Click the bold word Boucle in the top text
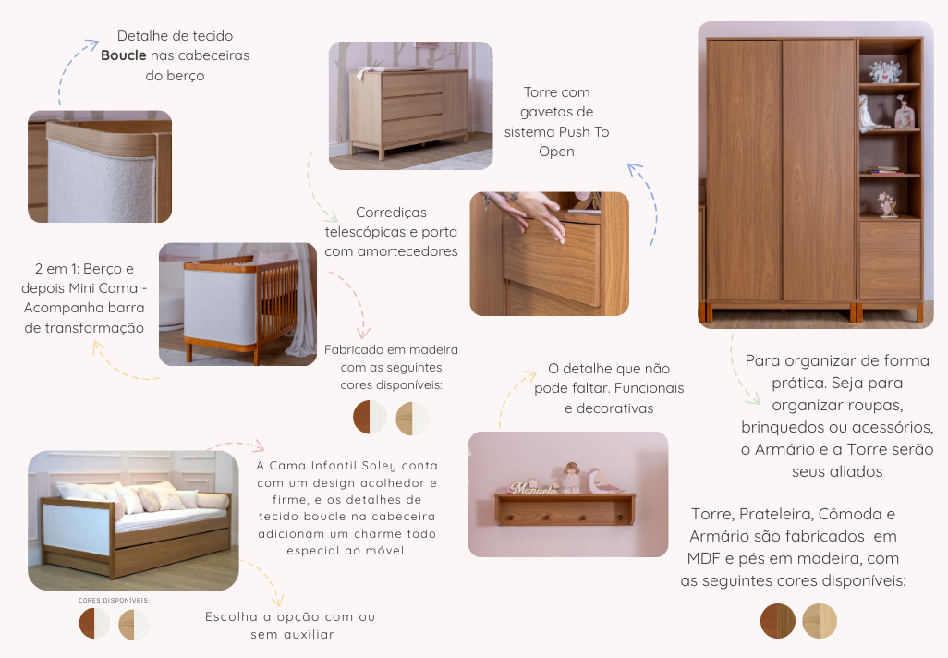click(124, 55)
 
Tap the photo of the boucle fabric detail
click(100, 166)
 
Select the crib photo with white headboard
click(238, 303)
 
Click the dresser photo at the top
click(411, 105)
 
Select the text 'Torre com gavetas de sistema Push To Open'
click(556, 122)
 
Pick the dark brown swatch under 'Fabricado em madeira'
click(370, 418)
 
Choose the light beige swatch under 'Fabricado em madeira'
click(412, 418)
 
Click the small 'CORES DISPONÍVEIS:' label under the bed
click(114, 600)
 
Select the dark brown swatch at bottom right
click(777, 621)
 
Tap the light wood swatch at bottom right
click(820, 621)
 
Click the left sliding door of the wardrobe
click(744, 171)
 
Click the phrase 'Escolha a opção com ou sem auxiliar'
click(290, 626)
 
